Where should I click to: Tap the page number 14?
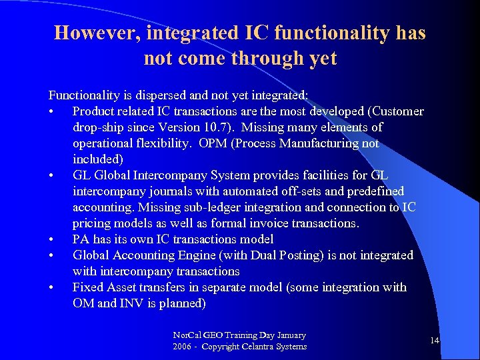[x=435, y=341]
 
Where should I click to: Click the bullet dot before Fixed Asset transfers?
[x=51, y=288]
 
